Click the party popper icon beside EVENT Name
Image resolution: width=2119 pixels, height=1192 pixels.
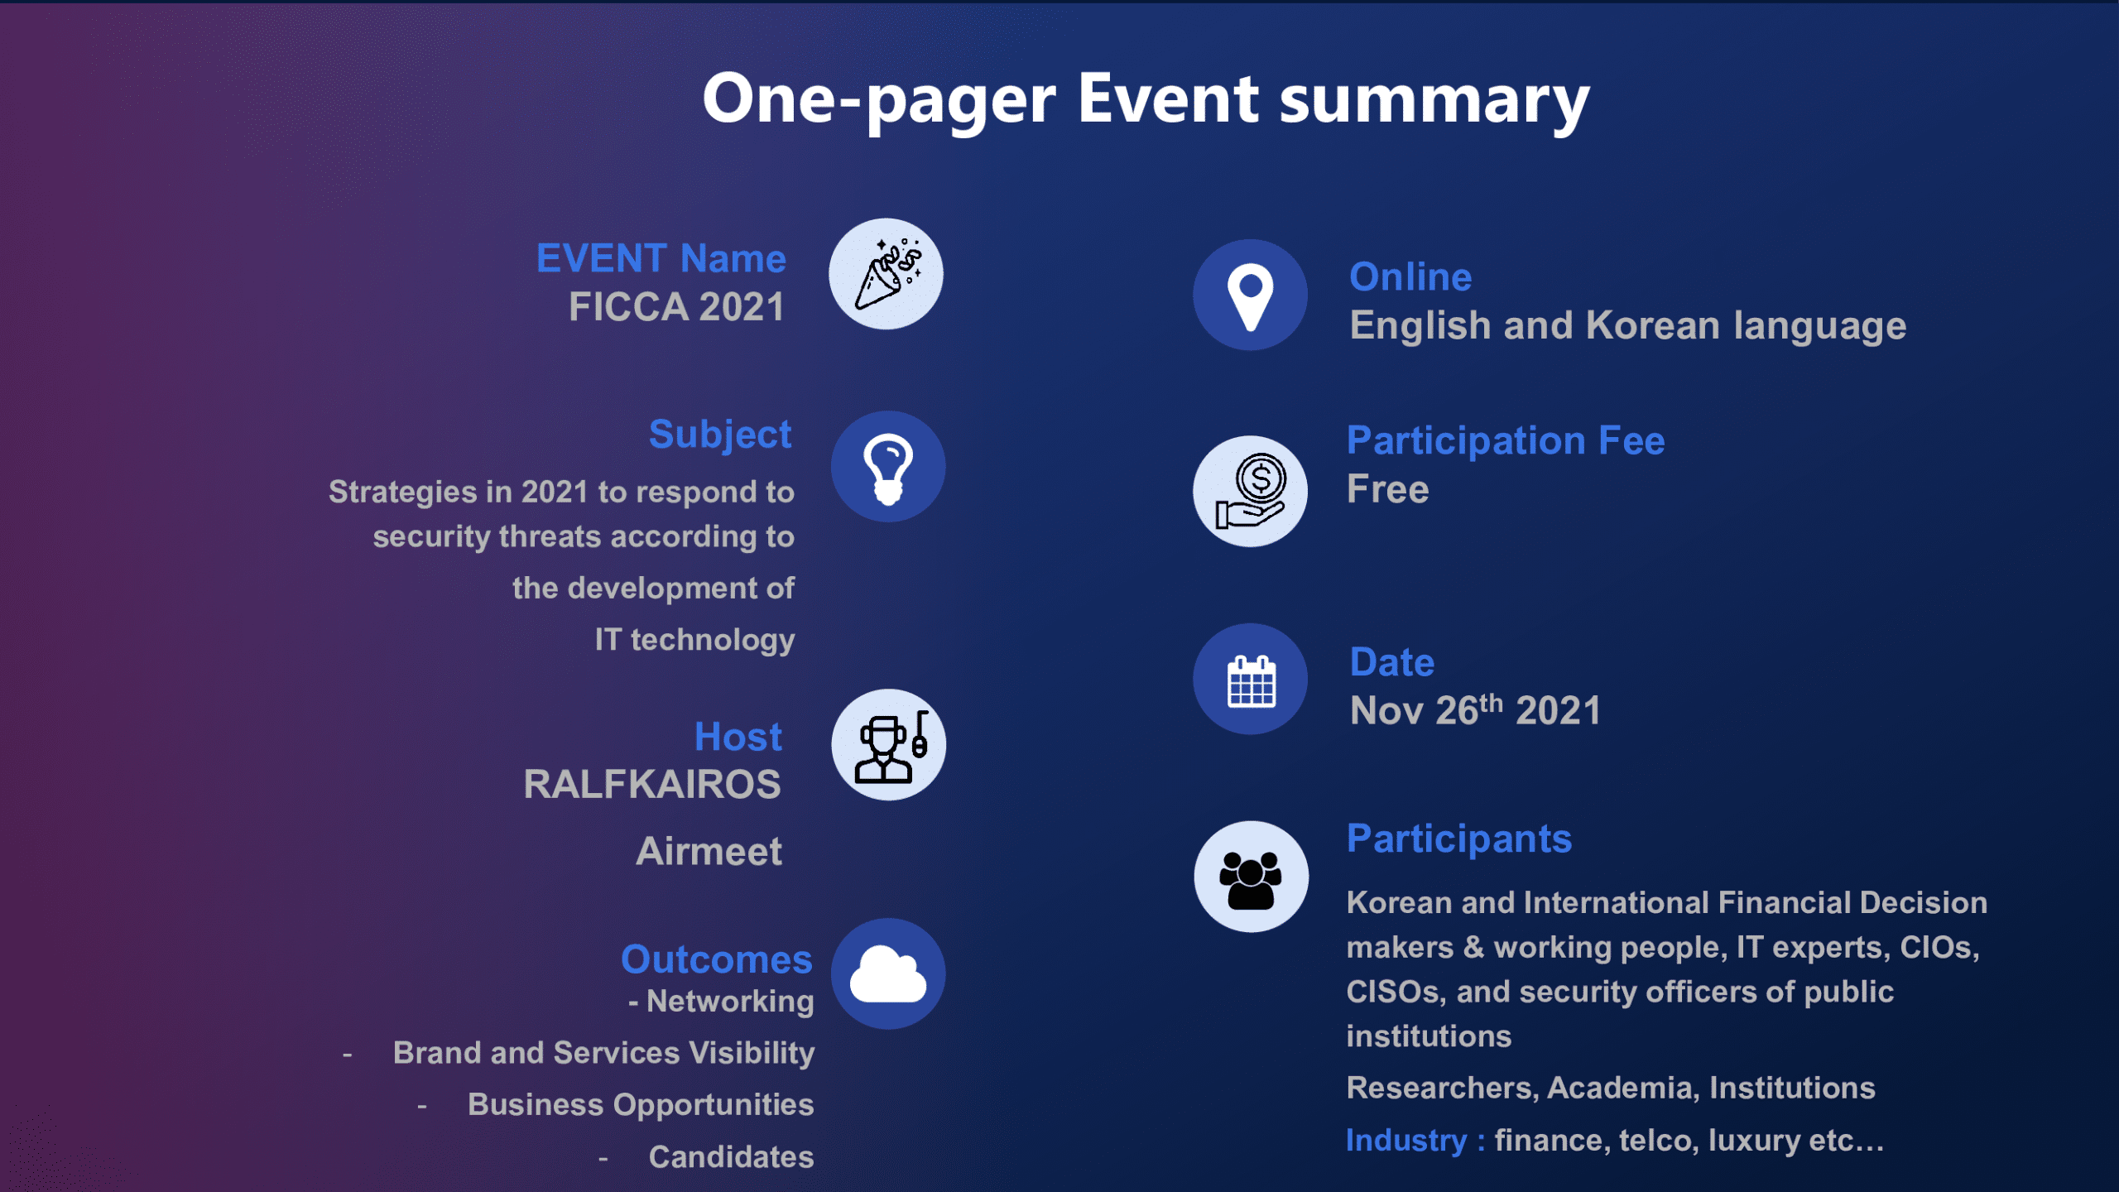point(887,274)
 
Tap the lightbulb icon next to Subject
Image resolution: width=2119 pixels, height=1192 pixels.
point(888,467)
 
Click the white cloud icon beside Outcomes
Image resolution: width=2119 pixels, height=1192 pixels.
point(888,974)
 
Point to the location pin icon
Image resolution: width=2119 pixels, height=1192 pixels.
point(1251,296)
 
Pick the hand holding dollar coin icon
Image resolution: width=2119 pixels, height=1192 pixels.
point(1251,492)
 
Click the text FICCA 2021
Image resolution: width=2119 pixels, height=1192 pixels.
point(676,307)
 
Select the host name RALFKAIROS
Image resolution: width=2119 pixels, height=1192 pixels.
point(652,785)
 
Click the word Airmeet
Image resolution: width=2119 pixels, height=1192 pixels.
point(709,851)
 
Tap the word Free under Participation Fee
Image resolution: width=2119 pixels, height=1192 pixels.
point(1388,489)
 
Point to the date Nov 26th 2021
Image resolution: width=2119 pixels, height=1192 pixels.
point(1475,709)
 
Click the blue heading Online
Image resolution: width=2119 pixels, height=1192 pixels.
point(1411,276)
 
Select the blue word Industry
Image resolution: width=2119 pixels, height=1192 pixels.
point(1406,1141)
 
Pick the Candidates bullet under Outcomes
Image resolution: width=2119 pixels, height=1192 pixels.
point(731,1157)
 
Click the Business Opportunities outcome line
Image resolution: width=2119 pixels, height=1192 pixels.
point(641,1105)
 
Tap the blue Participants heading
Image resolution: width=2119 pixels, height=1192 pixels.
point(1459,839)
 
